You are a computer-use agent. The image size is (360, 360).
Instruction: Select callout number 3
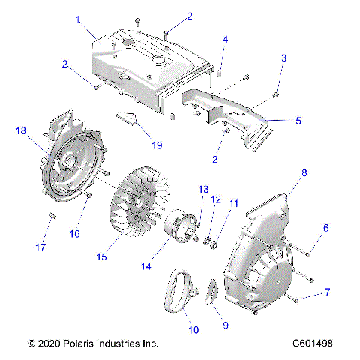pos(284,58)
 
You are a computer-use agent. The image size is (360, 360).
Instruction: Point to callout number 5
pos(277,119)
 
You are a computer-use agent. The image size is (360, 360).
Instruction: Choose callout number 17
pos(42,247)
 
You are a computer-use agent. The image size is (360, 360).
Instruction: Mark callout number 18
pos(21,130)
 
